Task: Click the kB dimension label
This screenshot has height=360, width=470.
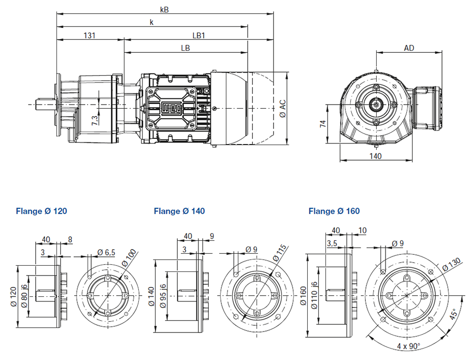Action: click(x=165, y=9)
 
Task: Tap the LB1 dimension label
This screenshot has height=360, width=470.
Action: click(x=199, y=35)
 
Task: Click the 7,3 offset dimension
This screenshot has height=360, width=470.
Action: click(x=94, y=121)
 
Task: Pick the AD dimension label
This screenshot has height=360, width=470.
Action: click(x=409, y=48)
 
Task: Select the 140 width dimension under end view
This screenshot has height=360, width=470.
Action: click(x=376, y=156)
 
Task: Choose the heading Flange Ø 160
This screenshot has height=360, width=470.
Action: click(x=334, y=211)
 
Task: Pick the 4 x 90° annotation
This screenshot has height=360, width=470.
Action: click(x=409, y=346)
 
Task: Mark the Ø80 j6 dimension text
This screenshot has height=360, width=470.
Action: click(x=24, y=297)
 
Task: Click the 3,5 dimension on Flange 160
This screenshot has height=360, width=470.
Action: click(x=332, y=242)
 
